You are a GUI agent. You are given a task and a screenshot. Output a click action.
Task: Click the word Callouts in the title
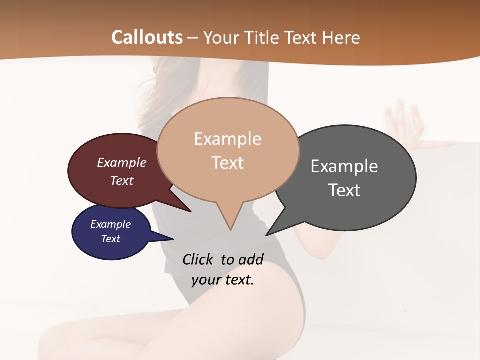coord(147,37)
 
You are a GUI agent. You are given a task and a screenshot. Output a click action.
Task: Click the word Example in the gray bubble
coord(344,166)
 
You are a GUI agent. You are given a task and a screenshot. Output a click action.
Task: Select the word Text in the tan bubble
coord(228,163)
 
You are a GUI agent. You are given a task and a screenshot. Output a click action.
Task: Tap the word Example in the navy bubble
coord(110,224)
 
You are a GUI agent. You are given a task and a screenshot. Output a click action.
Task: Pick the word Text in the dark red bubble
coord(122,180)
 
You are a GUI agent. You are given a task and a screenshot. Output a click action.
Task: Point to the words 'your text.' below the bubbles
coord(223,280)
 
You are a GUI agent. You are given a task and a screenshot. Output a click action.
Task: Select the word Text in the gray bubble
coord(344,190)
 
